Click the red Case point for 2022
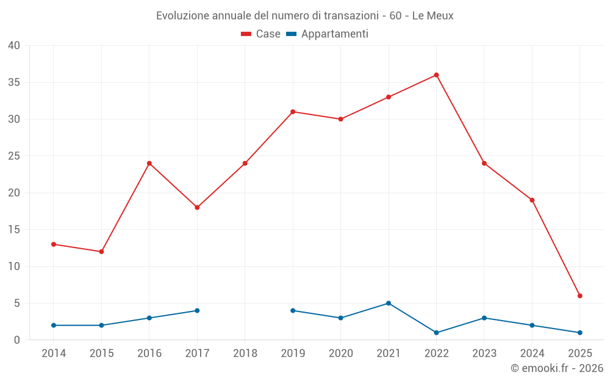coord(436,75)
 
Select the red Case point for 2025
coord(580,296)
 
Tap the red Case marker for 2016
coord(149,163)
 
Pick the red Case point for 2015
coord(101,252)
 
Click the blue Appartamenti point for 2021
coord(389,303)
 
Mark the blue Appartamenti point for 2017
coord(197,310)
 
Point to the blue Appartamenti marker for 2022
coord(436,333)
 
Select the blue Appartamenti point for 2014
coord(54,326)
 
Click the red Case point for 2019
coord(293,112)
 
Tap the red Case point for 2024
coord(532,200)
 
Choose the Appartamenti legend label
coord(334,34)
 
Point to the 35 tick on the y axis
coord(14,82)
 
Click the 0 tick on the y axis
coord(17,340)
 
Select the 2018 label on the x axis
coord(245,354)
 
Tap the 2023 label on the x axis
coord(484,354)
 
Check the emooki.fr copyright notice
coord(556,368)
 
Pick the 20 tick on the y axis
coord(14,193)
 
